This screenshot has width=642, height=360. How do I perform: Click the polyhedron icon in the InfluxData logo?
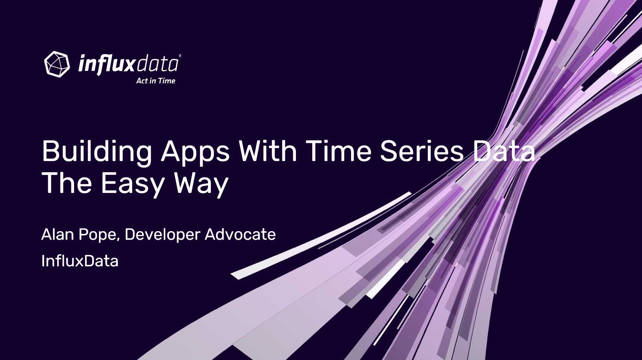57,64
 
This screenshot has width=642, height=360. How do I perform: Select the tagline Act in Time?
155,81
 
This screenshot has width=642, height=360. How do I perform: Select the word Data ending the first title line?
504,151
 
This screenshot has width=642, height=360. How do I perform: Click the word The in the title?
67,183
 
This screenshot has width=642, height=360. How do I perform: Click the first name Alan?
57,234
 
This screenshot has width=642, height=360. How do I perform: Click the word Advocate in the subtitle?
240,234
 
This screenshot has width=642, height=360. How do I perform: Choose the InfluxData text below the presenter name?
80,261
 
